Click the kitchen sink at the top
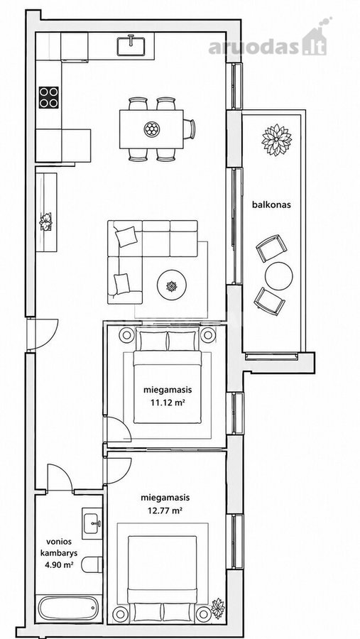(131, 45)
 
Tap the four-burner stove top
(48, 97)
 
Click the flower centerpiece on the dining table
(152, 129)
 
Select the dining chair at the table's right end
(189, 129)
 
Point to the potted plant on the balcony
(277, 140)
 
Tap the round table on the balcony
(278, 276)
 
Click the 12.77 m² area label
(165, 510)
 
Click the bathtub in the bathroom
(68, 608)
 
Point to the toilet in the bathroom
(92, 564)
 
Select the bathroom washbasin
(92, 523)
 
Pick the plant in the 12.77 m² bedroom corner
(218, 608)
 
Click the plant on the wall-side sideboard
(45, 222)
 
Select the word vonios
(59, 542)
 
